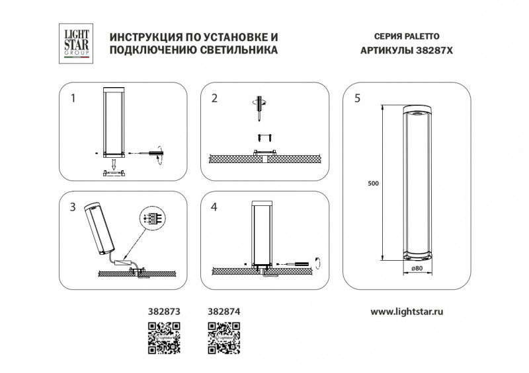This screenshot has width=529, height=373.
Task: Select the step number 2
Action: click(214, 98)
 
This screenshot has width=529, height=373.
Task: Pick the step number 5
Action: click(357, 98)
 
